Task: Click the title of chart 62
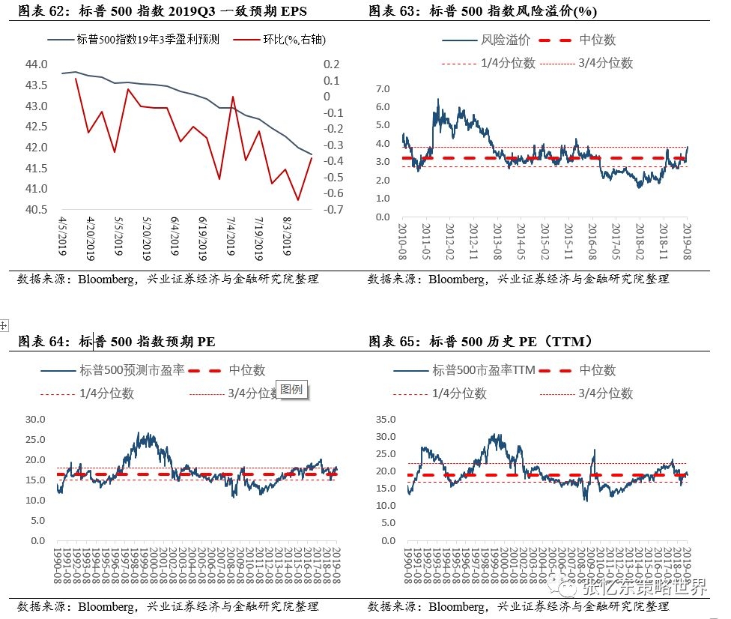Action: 160,10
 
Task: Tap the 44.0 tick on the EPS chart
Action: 37,64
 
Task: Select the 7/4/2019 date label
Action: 231,238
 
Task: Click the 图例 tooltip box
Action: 292,390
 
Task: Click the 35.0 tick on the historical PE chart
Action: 385,419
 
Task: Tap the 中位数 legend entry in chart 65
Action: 597,370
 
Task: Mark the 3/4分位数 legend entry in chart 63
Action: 605,63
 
